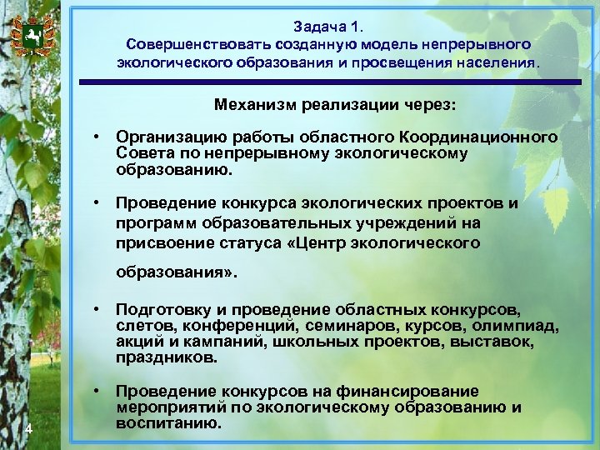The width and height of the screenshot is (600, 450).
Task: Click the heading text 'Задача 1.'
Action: coord(328,26)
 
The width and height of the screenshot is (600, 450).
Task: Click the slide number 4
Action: coord(29,429)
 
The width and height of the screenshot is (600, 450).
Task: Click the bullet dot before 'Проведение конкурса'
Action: coord(97,202)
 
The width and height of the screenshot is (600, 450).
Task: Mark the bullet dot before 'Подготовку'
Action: coord(97,308)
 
